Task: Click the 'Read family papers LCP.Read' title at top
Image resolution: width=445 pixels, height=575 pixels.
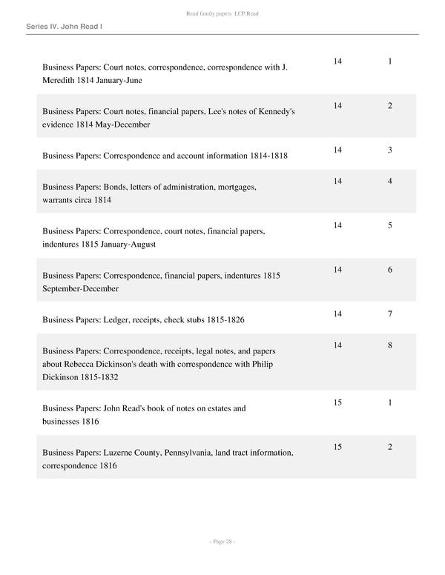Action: pos(222,14)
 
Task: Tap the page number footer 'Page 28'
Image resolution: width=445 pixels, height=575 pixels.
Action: pos(222,542)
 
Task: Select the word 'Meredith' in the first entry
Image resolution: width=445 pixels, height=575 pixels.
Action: pos(62,80)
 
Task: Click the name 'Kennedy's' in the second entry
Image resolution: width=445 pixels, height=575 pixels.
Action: pos(277,112)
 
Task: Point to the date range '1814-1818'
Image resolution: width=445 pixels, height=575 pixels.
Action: pos(267,156)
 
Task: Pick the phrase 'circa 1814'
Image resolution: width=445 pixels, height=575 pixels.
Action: pos(96,200)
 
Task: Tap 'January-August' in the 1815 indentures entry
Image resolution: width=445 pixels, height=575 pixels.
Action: pos(125,245)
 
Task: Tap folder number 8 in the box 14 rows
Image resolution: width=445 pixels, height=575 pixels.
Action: pos(390,345)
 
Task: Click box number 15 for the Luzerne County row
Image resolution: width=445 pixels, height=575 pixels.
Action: pos(337,447)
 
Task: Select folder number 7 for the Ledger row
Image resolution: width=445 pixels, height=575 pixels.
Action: pos(390,314)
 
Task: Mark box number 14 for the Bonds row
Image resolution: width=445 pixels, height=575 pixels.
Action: pos(337,181)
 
